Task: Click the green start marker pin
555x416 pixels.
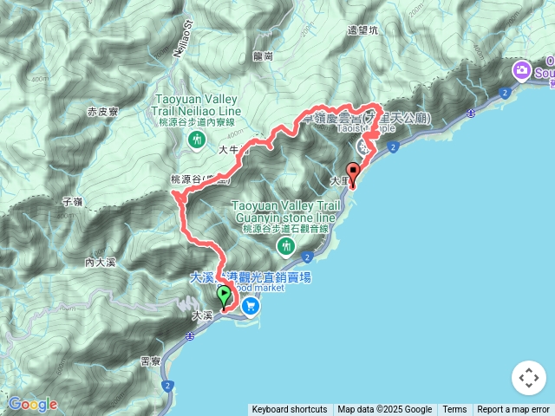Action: point(225,296)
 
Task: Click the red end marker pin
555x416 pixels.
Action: point(353,171)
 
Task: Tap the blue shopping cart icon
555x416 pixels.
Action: point(251,305)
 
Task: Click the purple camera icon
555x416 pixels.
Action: point(522,69)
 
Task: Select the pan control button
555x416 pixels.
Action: point(528,378)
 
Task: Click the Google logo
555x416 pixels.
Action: point(33,404)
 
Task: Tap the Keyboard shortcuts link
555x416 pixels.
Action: point(290,410)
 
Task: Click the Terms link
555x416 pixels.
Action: point(454,410)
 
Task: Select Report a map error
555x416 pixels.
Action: point(514,410)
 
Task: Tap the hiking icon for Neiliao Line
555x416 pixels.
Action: point(199,139)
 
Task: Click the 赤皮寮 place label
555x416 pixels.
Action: point(103,112)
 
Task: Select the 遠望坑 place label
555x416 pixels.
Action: point(362,29)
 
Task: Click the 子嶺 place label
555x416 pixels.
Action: point(73,201)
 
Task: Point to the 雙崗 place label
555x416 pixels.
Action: point(264,55)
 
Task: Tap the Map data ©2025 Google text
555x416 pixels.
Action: point(385,410)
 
